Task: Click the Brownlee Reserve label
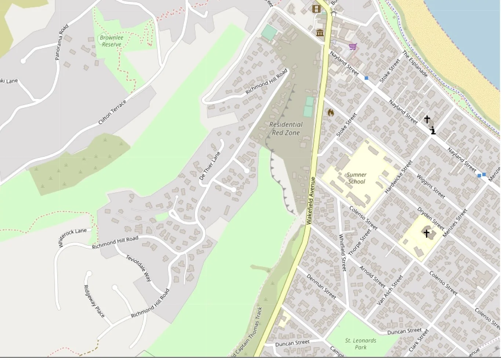pos(112,41)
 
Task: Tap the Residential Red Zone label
pos(286,129)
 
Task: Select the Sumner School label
pos(356,178)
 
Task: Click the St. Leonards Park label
pos(360,344)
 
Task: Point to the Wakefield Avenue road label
pos(311,200)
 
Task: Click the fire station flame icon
pos(331,112)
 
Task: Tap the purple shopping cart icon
pos(353,47)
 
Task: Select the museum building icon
pos(320,33)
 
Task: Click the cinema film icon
pos(316,9)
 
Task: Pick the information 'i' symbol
pos(433,130)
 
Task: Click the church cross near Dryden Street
pos(426,233)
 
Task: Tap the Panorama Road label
pos(62,42)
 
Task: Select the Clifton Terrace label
pos(112,112)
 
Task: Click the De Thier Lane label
pos(210,166)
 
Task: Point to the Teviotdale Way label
pos(139,268)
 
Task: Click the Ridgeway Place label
pos(94,301)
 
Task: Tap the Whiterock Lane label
pos(72,237)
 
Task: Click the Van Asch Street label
pos(390,290)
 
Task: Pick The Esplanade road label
pos(415,64)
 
